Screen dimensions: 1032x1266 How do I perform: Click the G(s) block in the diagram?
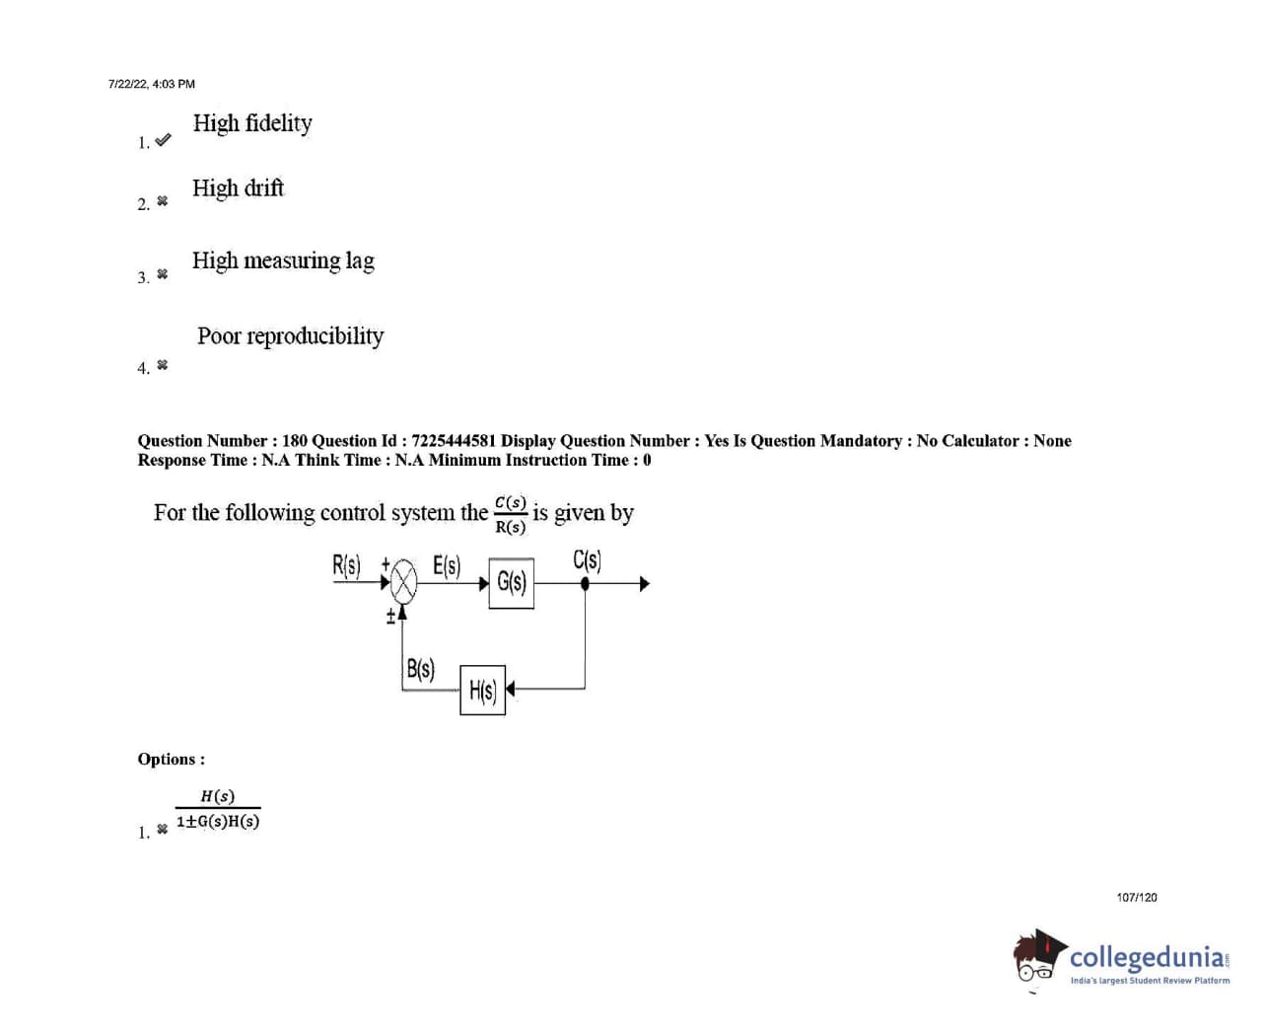(511, 582)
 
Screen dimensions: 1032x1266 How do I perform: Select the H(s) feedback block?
(482, 690)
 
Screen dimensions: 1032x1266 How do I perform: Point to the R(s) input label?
(346, 566)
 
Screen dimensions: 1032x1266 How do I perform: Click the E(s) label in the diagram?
(447, 566)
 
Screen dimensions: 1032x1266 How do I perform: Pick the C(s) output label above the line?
(587, 560)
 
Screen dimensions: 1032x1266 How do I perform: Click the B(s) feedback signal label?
(420, 669)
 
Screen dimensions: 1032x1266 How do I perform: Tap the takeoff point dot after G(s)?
(585, 583)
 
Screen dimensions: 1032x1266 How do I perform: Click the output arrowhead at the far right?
(644, 583)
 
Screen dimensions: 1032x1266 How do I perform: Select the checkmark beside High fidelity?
(163, 140)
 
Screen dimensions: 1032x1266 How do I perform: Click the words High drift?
(238, 187)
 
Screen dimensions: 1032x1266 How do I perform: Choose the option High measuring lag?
(283, 260)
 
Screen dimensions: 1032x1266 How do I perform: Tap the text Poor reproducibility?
(290, 335)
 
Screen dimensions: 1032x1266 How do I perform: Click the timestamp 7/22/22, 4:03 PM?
(152, 84)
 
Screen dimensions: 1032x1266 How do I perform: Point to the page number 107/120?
(1137, 897)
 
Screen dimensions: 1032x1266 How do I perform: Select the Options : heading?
(172, 759)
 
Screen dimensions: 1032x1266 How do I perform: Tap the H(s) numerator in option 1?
(217, 796)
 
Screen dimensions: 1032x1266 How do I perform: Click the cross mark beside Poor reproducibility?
(163, 365)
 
